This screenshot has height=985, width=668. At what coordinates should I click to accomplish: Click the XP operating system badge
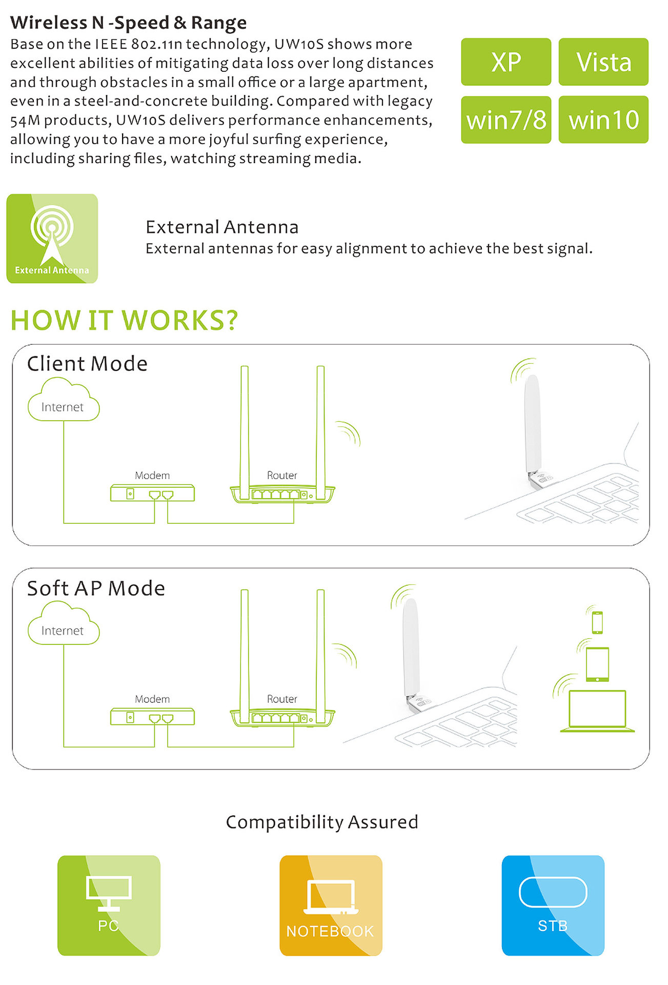[x=506, y=62]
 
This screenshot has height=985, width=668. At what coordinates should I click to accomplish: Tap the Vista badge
[x=603, y=62]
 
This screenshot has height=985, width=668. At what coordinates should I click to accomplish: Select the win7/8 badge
[x=506, y=120]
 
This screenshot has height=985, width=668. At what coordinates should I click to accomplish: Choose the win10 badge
[x=603, y=120]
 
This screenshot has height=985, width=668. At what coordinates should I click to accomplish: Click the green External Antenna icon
[x=52, y=239]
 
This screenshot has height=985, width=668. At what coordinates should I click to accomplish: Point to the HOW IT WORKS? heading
[x=124, y=320]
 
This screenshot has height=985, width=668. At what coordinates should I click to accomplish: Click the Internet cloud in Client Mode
[x=63, y=400]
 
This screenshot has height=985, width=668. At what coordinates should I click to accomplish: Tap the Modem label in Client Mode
[x=152, y=476]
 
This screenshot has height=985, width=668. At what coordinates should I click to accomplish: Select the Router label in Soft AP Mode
[x=282, y=699]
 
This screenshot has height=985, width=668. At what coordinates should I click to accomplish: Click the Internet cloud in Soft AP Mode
[x=63, y=624]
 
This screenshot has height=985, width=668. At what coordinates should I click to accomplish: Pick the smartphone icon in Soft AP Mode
[x=597, y=622]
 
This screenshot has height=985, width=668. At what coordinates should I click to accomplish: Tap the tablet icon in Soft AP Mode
[x=598, y=664]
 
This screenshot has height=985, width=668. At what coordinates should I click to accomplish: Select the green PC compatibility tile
[x=109, y=905]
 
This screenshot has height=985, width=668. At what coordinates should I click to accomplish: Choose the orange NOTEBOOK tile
[x=331, y=905]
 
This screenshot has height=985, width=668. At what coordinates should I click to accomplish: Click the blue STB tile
[x=553, y=905]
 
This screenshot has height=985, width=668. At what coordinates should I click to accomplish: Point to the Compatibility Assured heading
[x=322, y=822]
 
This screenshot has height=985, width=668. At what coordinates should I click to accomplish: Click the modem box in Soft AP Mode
[x=152, y=717]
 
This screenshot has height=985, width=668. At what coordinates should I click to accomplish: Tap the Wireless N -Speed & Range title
[x=128, y=23]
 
